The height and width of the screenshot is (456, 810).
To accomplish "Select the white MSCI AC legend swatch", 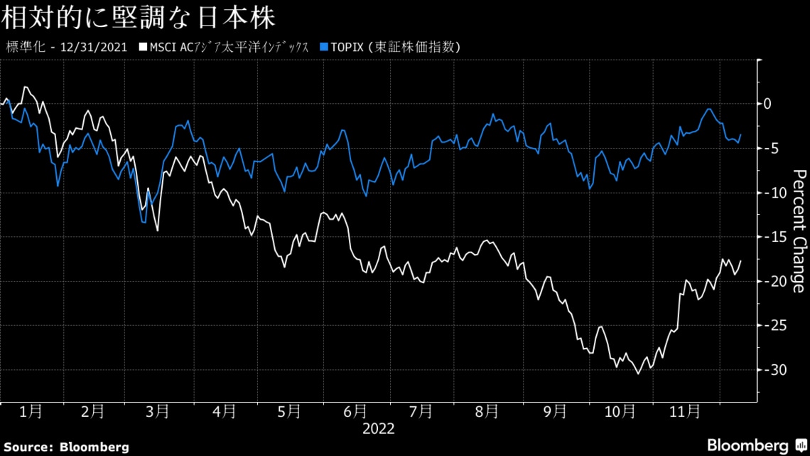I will [144, 48].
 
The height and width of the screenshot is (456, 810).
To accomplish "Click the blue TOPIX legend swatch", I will [325, 48].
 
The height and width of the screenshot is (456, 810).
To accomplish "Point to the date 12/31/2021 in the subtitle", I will [94, 48].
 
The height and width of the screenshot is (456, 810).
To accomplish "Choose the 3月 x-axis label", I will [158, 411].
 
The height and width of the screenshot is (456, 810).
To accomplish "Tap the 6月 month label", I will [355, 411].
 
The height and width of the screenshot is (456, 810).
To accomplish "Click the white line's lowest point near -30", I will [637, 373].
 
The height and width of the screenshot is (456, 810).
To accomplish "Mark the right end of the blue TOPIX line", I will [741, 134].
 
